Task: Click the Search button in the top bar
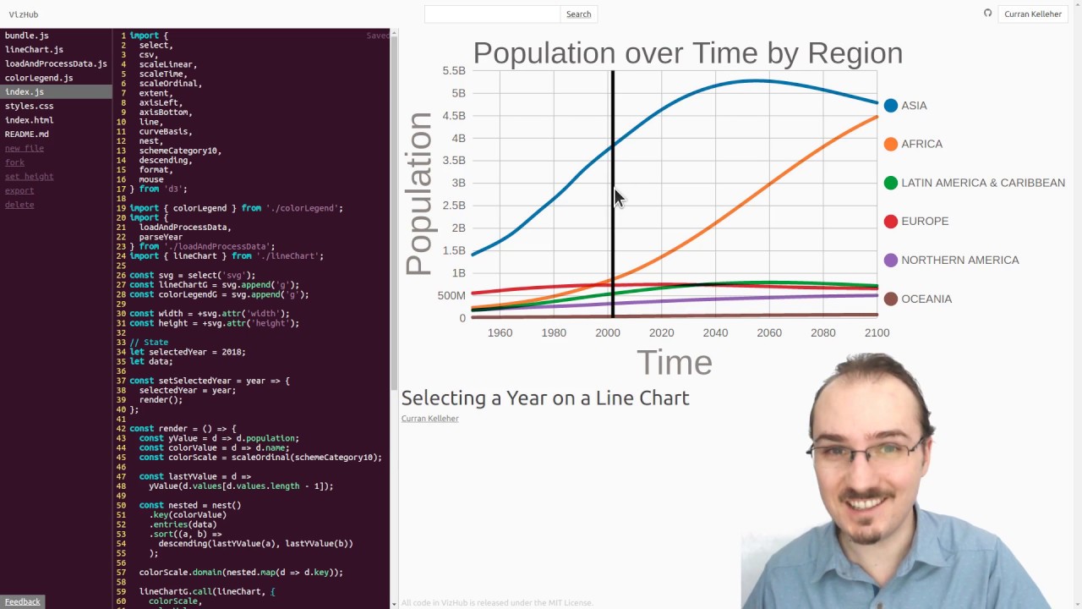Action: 578,14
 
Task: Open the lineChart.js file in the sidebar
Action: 34,50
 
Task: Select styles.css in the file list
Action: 29,106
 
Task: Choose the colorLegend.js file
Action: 39,78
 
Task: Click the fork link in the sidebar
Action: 14,162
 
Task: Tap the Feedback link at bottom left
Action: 22,601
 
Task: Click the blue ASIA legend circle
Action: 890,106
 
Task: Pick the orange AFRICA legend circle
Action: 890,144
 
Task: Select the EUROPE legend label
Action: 925,222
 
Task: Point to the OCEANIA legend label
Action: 926,299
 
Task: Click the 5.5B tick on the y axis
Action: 453,71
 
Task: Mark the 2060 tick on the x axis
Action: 769,333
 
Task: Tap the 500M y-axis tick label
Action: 451,296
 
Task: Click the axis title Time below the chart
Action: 674,363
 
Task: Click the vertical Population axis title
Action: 418,194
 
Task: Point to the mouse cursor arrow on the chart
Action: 618,198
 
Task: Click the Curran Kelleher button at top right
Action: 1032,14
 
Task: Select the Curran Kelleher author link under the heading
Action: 429,419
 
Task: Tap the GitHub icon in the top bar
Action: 987,14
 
